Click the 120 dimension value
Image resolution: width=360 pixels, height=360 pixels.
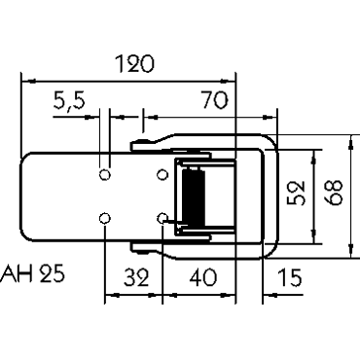coord(134,64)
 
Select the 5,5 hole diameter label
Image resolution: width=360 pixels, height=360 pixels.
coord(69,101)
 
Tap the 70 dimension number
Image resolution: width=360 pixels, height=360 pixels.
coord(214,100)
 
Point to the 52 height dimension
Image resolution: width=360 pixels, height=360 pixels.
coord(297,193)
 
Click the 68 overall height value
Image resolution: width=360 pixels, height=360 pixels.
coord(334,193)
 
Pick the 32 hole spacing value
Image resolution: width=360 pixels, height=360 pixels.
coord(136,278)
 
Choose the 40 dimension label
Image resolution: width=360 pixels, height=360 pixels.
coord(202,278)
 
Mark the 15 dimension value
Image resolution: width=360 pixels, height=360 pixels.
coord(290,278)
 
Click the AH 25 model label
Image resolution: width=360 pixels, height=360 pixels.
coord(32,273)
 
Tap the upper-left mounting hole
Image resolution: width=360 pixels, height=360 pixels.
coord(104,175)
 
